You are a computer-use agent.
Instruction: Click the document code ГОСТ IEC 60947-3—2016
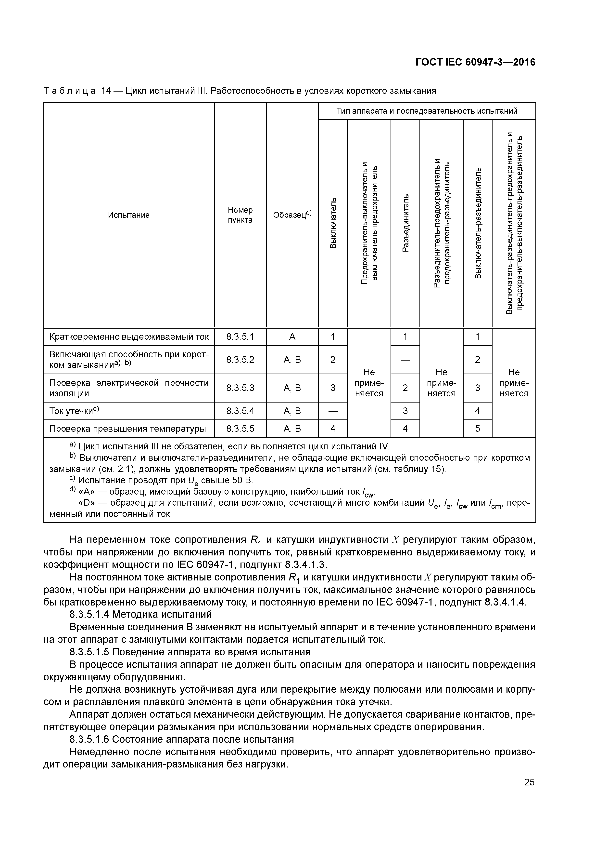(x=475, y=62)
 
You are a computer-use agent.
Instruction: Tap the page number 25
(x=529, y=782)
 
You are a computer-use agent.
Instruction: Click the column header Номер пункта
(x=240, y=215)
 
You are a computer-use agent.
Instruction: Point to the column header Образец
(x=292, y=215)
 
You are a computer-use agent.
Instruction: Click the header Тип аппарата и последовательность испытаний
(x=427, y=111)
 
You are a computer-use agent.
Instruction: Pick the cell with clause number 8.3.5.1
(x=240, y=337)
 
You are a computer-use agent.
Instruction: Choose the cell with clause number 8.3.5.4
(x=240, y=411)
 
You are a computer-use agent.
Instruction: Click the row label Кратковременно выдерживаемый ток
(x=129, y=337)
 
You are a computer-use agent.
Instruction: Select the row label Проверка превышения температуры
(x=128, y=429)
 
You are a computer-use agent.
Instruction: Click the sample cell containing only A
(x=292, y=337)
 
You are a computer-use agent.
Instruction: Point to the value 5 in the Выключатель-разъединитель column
(x=478, y=429)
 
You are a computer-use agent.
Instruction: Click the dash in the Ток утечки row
(x=333, y=411)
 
